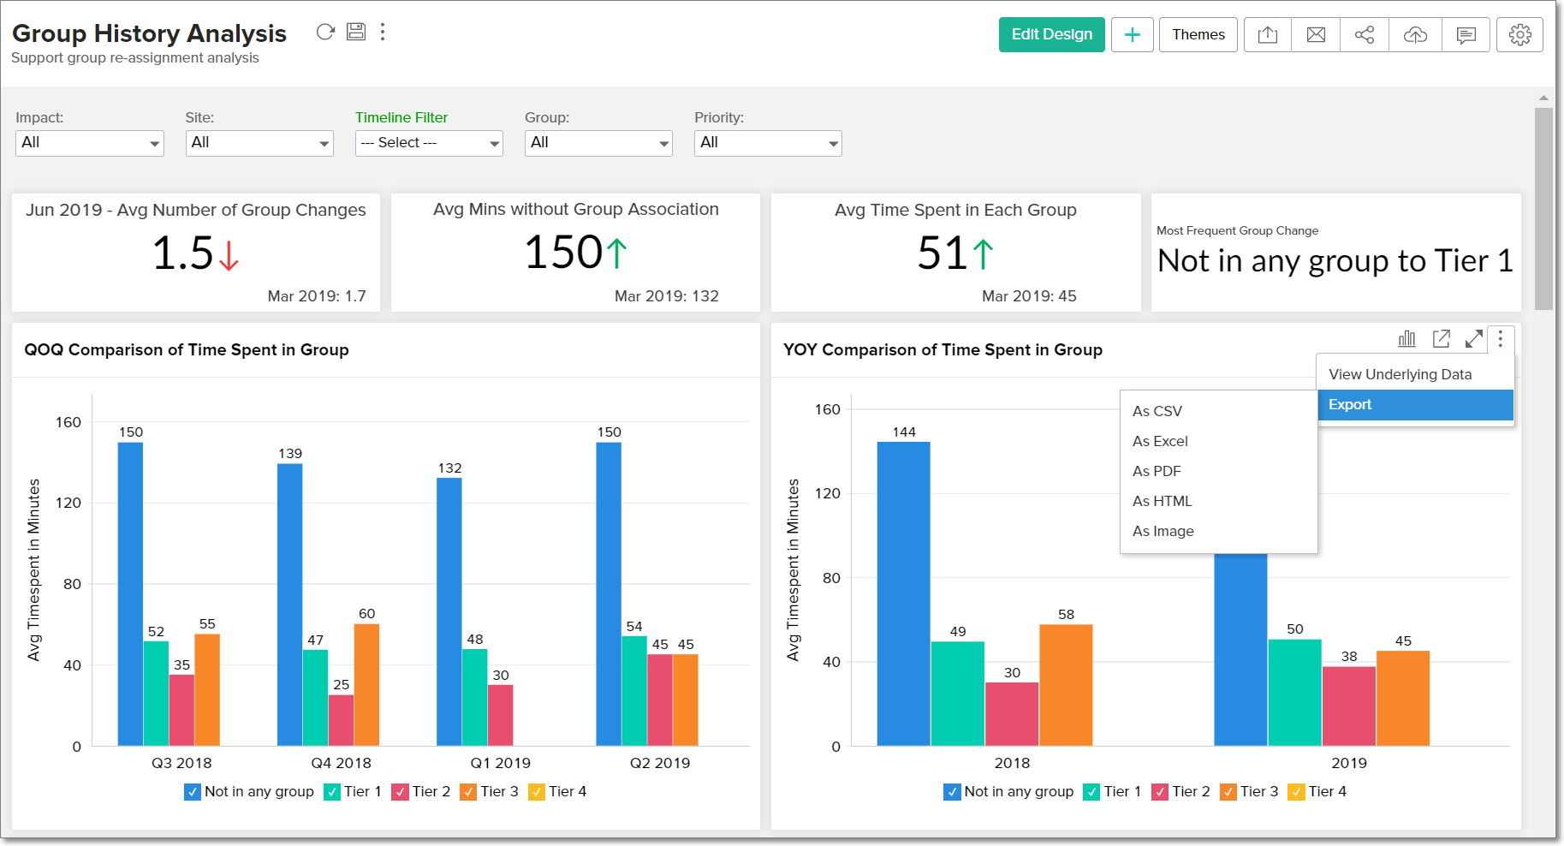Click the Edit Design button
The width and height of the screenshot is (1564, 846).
point(1051,35)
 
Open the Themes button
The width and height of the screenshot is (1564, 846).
point(1198,35)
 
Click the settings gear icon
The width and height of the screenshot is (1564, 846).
point(1519,35)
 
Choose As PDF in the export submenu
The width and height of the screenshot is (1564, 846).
point(1157,471)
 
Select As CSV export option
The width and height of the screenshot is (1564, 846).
point(1157,411)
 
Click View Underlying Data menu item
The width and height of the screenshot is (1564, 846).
point(1400,374)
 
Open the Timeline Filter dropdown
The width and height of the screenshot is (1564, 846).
point(429,143)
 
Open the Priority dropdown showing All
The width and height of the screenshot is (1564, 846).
point(768,143)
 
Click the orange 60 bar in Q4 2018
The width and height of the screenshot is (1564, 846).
point(366,685)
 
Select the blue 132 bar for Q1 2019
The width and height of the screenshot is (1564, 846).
point(449,612)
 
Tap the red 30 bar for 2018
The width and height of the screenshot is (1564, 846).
point(1012,714)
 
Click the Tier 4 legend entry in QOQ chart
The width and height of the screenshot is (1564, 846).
point(558,792)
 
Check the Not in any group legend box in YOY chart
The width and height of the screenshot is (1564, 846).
point(952,792)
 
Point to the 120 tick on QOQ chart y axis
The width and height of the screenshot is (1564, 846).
point(68,503)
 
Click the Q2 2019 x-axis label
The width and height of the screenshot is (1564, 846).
point(659,763)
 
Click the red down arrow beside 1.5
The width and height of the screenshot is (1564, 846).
point(229,255)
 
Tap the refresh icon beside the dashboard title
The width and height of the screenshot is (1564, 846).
point(325,33)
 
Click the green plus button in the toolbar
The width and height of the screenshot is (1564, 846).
point(1132,35)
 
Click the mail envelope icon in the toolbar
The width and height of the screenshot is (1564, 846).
point(1316,35)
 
